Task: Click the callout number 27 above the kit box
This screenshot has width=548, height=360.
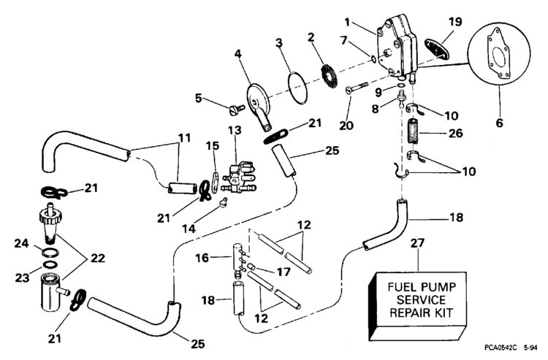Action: pos(417,243)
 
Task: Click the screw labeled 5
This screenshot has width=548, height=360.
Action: pos(237,110)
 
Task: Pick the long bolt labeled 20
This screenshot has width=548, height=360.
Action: pos(357,87)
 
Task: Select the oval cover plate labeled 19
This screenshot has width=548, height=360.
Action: pos(436,47)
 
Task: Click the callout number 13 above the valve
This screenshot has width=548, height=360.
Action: pos(235,130)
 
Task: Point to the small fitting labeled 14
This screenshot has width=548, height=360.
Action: pos(223,202)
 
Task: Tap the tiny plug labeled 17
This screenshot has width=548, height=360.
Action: pos(251,267)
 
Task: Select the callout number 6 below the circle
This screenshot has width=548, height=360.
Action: pos(500,123)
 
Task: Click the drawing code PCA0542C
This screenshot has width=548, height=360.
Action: pos(500,348)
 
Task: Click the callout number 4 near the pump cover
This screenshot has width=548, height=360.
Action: pos(237,54)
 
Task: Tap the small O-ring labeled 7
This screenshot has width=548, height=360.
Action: pos(373,60)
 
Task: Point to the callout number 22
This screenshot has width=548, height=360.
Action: pos(97,258)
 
